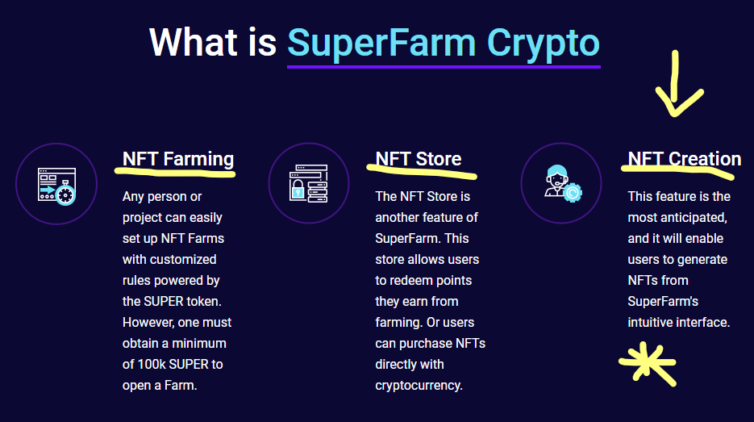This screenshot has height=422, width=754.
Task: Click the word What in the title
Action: (x=194, y=42)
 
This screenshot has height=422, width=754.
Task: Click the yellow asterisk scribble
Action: (x=648, y=363)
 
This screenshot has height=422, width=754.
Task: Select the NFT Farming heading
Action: (x=178, y=159)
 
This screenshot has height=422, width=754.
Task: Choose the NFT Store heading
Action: (x=418, y=159)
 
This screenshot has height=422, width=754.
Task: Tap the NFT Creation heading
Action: (x=685, y=159)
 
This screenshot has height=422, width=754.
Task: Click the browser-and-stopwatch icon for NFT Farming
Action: (x=56, y=186)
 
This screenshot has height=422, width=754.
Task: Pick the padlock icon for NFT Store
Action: (x=309, y=183)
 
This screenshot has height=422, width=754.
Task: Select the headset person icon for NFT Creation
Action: (x=563, y=183)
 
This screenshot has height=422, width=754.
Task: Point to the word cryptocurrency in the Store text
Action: (x=419, y=386)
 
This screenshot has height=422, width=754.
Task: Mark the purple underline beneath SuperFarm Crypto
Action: (x=444, y=67)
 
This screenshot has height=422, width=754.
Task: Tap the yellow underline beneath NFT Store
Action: (x=422, y=172)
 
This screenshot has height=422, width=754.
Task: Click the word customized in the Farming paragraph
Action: (x=183, y=259)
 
